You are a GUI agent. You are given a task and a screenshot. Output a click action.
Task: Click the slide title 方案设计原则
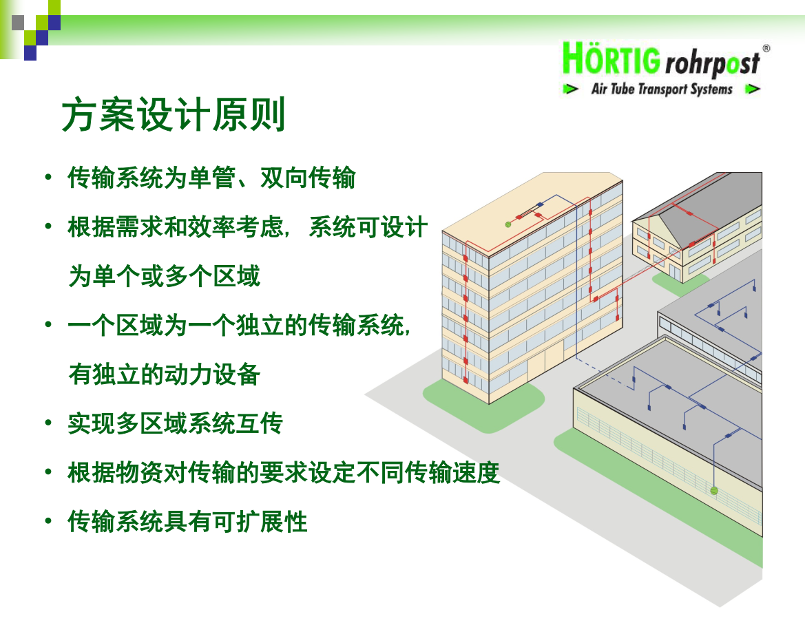(x=173, y=114)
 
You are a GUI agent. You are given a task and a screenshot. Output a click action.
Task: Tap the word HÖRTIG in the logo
(x=611, y=59)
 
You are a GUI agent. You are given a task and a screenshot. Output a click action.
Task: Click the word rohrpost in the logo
(x=712, y=63)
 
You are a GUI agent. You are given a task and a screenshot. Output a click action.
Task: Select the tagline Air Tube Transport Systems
(x=662, y=89)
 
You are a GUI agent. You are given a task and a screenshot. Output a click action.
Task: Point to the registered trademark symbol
(x=766, y=48)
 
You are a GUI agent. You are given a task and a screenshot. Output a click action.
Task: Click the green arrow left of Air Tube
(x=571, y=89)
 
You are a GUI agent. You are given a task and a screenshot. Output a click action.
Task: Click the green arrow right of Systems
(x=753, y=89)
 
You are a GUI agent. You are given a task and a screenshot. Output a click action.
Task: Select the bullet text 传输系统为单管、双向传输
(x=211, y=178)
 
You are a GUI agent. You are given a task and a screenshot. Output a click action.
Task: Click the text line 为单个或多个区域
(x=165, y=276)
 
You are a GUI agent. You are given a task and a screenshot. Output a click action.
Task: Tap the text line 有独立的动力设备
(x=165, y=374)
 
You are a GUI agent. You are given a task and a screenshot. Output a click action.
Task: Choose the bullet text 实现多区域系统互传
(x=176, y=423)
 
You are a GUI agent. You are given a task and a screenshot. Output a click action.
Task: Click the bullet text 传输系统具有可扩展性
(x=187, y=522)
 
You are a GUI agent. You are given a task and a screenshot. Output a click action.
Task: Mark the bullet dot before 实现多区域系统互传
(x=48, y=423)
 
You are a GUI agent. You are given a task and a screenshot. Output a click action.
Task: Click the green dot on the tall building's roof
(x=508, y=224)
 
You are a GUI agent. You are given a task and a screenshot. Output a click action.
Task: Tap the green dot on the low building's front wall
(x=713, y=491)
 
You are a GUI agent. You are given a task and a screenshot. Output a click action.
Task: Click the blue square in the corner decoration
(x=30, y=53)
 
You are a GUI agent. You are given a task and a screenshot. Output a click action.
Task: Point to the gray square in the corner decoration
(x=18, y=23)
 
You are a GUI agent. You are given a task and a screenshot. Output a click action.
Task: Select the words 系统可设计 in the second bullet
(x=368, y=227)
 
